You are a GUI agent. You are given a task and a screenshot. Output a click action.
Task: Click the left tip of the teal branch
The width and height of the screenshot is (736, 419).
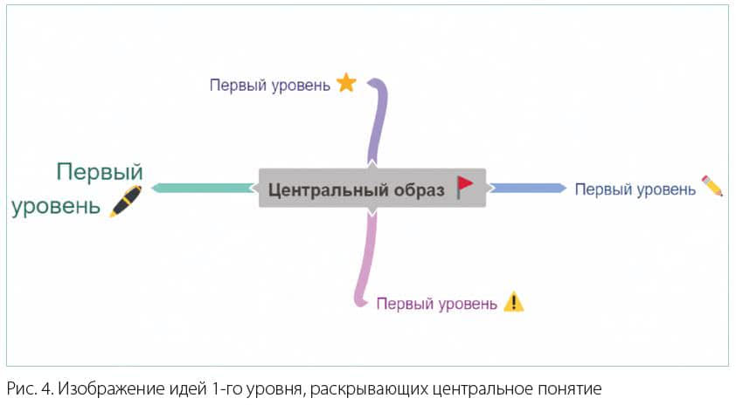pos(151,188)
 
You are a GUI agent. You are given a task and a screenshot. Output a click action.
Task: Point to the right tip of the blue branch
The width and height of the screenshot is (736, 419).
pos(566,188)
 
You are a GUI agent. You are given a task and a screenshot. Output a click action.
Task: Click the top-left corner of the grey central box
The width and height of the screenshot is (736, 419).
pos(259,168)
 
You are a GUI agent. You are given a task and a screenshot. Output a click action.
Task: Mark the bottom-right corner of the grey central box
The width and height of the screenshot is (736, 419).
pos(486,207)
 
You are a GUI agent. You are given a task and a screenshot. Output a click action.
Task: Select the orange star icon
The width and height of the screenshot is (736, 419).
pos(346,82)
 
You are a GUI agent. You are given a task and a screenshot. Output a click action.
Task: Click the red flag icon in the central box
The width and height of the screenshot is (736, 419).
pos(465,188)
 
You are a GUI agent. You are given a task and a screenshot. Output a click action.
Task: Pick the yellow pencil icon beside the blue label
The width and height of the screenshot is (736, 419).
pos(712,186)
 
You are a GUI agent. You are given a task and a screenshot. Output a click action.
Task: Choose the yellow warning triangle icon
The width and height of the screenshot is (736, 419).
pos(513,301)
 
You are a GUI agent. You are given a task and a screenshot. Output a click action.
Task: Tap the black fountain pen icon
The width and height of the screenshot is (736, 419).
pos(125,201)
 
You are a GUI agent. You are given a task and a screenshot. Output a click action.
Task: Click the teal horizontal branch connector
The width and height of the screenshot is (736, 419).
pos(202,188)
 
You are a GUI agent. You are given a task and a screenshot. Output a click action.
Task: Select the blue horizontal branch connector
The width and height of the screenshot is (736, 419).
pos(529,188)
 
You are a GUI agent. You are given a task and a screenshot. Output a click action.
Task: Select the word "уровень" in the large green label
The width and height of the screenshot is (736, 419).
pos(56,206)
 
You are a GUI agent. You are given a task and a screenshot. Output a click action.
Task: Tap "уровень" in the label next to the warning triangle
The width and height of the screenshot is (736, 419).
pos(468,304)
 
